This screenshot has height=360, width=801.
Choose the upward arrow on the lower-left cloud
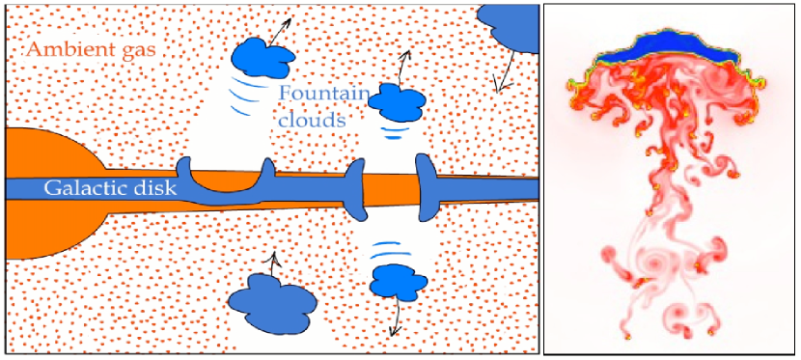point(273,261)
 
